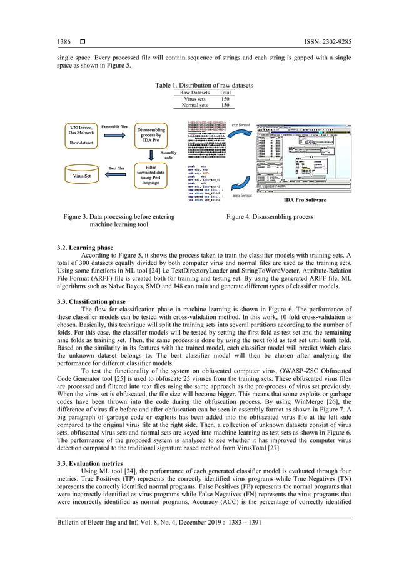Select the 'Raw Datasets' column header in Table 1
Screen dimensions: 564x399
(194, 93)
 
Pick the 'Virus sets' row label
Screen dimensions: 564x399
(194, 99)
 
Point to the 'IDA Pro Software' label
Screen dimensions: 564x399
(305, 200)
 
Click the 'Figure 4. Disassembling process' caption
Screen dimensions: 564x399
(270, 216)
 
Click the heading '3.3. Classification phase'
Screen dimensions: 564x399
(91, 301)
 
